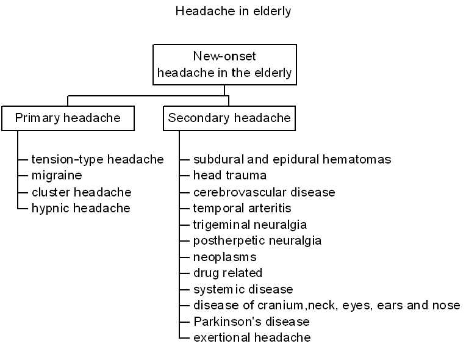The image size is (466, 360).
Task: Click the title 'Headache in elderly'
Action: [x=233, y=12]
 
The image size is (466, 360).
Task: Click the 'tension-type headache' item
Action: [x=98, y=160]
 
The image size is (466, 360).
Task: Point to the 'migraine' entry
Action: [x=57, y=175]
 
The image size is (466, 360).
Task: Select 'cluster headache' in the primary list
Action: [x=82, y=192]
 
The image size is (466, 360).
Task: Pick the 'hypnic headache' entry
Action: [x=81, y=209]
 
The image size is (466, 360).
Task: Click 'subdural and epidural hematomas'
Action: [x=292, y=159]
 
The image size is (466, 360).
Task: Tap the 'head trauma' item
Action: [x=230, y=175]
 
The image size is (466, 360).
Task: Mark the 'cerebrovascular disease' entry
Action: [x=264, y=192]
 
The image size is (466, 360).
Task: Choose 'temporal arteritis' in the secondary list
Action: [x=242, y=209]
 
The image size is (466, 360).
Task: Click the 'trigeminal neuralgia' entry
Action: [x=250, y=225]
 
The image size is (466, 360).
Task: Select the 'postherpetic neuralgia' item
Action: [x=257, y=241]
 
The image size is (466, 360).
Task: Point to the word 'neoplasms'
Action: [x=224, y=257]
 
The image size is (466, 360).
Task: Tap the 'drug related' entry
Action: [x=228, y=273]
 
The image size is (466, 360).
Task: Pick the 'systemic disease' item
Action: [x=243, y=290]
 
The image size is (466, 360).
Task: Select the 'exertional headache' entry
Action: [x=252, y=337]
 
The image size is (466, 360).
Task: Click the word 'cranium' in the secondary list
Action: [x=280, y=306]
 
